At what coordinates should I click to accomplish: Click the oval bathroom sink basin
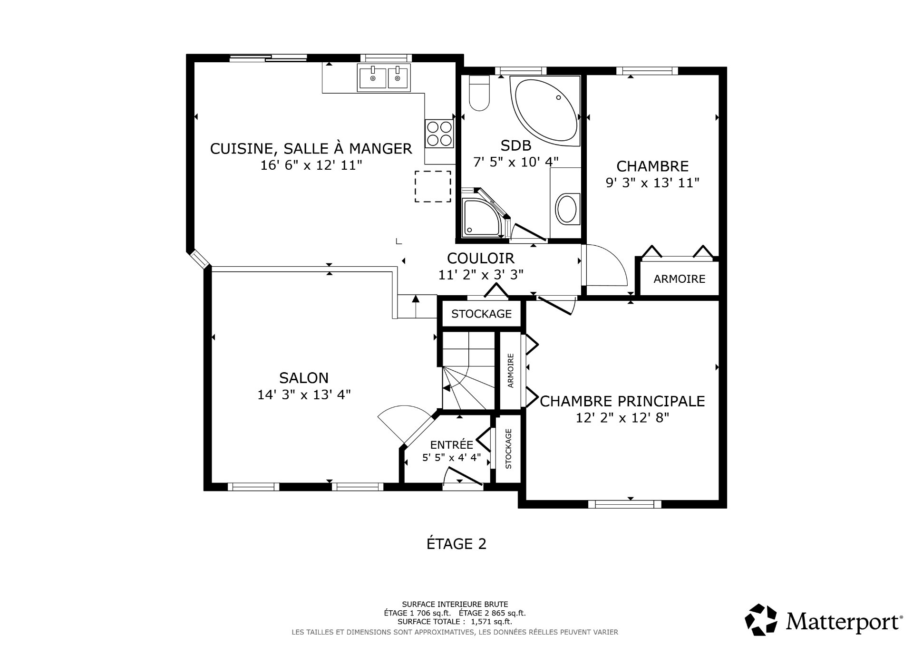point(566,209)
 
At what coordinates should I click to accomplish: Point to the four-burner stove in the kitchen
point(439,134)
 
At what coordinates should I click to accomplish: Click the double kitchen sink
point(384,77)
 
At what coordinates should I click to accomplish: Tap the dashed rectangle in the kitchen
point(433,186)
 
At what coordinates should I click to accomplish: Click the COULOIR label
point(480,258)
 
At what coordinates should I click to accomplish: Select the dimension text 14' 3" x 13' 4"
point(304,395)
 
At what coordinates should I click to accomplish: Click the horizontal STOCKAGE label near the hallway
point(481,314)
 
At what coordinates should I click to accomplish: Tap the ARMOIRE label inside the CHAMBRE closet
point(679,279)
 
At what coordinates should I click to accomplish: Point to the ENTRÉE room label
point(451,444)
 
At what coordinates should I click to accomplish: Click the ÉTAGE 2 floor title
point(456,544)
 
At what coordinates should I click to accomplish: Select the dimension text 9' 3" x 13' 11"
point(652,183)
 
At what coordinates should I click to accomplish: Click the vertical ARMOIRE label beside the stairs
point(511,370)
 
